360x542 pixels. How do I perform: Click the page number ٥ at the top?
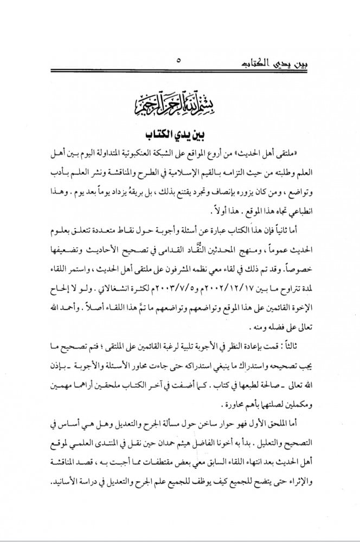tap(179, 61)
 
